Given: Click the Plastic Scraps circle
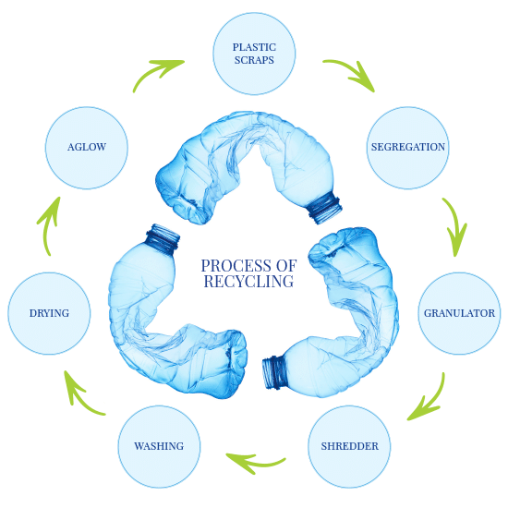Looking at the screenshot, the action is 254,54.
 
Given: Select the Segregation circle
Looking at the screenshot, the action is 408,148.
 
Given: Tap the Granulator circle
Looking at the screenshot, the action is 459,313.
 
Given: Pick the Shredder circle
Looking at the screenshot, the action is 349,446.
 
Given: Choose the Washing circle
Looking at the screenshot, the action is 159,446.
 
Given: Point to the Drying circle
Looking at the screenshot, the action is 49,313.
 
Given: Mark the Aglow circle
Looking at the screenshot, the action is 87,148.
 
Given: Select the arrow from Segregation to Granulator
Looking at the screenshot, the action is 456,224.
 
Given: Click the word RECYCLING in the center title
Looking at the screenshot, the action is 248,281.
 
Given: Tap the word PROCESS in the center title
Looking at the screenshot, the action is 236,266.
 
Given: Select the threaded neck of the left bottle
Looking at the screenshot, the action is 163,238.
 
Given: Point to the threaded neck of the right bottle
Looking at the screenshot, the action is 274,372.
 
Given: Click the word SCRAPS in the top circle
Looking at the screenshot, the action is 254,60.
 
